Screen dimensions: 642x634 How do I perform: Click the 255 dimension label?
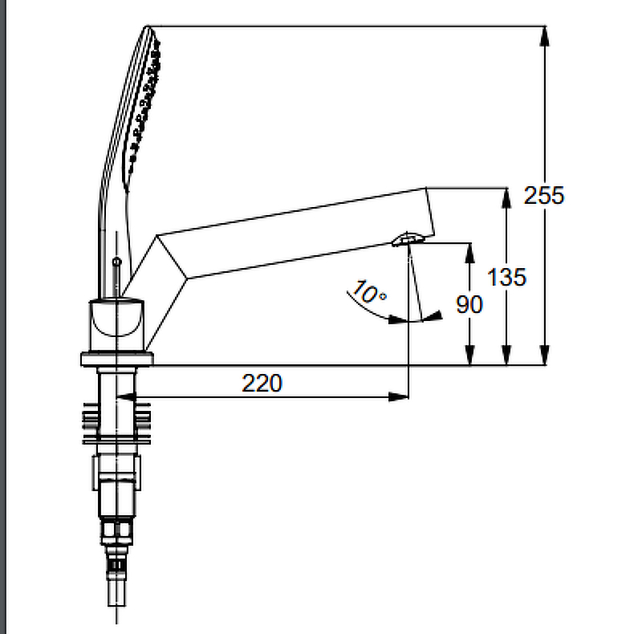[544, 195]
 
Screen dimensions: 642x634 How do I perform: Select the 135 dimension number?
[506, 277]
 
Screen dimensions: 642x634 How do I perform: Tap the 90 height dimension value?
[469, 305]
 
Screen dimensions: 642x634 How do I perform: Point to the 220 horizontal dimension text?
[262, 384]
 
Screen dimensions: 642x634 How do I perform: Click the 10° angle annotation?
[369, 292]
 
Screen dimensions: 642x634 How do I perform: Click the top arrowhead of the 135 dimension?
[506, 198]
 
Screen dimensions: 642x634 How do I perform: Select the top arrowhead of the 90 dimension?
[470, 254]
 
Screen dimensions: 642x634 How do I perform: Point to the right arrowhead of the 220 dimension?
[398, 396]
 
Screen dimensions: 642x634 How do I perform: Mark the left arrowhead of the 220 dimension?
[127, 396]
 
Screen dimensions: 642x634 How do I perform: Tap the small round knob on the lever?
[116, 262]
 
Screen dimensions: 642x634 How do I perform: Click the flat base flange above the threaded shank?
[117, 359]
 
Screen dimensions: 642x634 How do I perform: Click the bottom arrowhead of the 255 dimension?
[544, 355]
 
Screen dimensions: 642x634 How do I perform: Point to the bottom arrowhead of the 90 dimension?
[470, 355]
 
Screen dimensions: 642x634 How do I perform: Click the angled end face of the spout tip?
[430, 212]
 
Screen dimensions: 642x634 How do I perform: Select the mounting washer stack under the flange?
[116, 424]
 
